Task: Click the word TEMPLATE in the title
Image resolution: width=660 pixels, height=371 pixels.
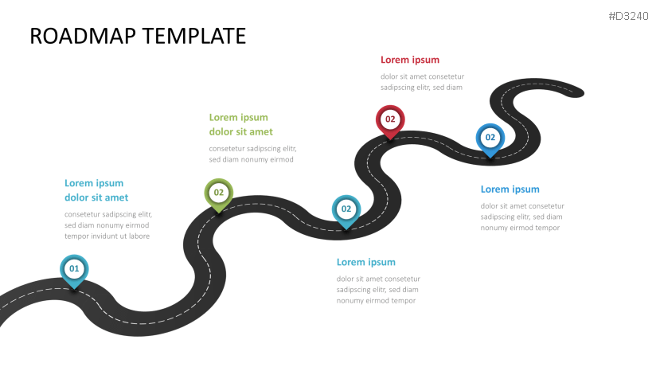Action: tap(197, 36)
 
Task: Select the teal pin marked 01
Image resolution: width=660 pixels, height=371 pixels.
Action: tap(74, 270)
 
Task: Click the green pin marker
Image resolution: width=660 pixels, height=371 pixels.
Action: tap(219, 193)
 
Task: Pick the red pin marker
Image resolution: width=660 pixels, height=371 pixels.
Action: tap(390, 120)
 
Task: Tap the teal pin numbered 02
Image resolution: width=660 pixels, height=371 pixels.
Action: tap(346, 210)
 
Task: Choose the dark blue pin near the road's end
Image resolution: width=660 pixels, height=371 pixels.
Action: tap(490, 139)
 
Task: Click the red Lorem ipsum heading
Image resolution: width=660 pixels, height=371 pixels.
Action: tap(410, 60)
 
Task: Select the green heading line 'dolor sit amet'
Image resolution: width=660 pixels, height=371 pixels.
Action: tap(241, 131)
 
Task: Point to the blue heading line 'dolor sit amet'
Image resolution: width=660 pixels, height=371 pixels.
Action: tap(96, 197)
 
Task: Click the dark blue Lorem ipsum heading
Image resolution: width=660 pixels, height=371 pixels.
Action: tap(510, 189)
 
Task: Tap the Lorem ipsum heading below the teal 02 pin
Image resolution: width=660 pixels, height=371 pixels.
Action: tap(366, 262)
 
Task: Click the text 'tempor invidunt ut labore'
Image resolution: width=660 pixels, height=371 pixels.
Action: tap(107, 236)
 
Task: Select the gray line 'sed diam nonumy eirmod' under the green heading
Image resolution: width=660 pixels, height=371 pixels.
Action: tap(252, 160)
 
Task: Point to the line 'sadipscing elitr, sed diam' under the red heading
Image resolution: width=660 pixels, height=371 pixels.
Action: tap(421, 88)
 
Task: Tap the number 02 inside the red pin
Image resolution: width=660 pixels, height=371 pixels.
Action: tap(390, 119)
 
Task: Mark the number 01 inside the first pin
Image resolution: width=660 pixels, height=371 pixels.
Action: tap(74, 269)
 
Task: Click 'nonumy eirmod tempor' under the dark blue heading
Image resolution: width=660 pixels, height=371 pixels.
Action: tap(520, 228)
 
